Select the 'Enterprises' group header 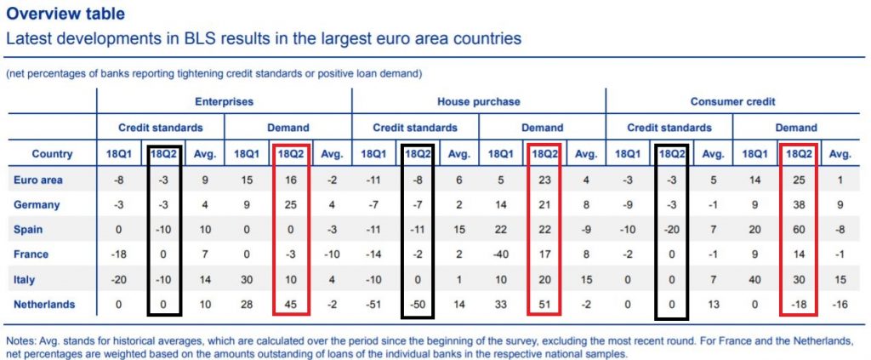pyautogui.click(x=224, y=102)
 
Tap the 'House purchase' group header pyautogui.click(x=478, y=102)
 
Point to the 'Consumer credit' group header pyautogui.click(x=733, y=102)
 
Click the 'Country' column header pyautogui.click(x=51, y=154)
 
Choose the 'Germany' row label pyautogui.click(x=38, y=204)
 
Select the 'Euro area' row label pyautogui.click(x=39, y=180)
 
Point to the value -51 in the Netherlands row pyautogui.click(x=374, y=304)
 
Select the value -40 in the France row pyautogui.click(x=501, y=254)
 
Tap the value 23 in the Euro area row pyautogui.click(x=544, y=180)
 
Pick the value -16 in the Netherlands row pyautogui.click(x=840, y=304)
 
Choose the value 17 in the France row pyautogui.click(x=544, y=254)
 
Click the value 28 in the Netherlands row pyautogui.click(x=247, y=304)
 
